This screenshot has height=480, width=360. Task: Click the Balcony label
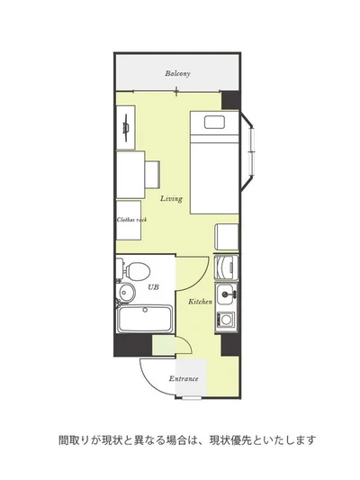pos(177,74)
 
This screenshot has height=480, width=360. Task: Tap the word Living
pos(171,199)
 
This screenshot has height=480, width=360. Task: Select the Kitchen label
pos(200,302)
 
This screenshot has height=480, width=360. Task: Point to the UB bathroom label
pos(153,287)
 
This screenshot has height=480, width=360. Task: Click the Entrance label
pos(184,378)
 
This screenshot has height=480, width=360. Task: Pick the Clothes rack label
pos(131,220)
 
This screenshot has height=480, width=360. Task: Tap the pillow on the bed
pos(214,122)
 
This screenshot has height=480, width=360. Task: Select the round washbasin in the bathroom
pos(126,292)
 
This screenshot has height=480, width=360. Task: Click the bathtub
pos(145,319)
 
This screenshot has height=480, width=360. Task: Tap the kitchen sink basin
pos(226,294)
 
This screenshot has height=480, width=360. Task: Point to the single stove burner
pos(226,320)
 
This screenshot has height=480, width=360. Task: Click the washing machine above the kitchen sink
pos(226,267)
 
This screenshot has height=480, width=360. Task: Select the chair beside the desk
pos(152,175)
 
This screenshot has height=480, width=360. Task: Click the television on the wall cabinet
pos(126,128)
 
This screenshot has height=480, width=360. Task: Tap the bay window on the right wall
pos(247,151)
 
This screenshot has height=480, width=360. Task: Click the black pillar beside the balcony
pos(230,100)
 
